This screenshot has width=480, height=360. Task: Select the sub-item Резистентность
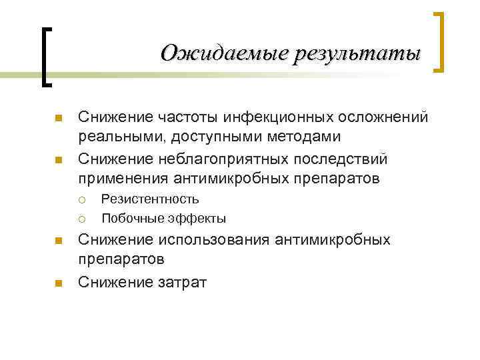pos(150,199)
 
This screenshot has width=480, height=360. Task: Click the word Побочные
pos(130,218)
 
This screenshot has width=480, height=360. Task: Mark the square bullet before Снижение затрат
pos(58,283)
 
